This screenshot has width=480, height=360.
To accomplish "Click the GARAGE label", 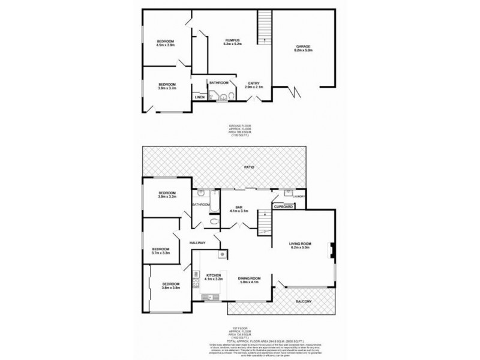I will (x=303, y=46).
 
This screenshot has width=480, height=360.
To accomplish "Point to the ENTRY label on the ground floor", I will (x=254, y=83).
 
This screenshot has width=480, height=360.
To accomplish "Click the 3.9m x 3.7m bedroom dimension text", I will (x=167, y=88).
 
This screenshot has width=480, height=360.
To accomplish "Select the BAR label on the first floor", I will (x=239, y=206).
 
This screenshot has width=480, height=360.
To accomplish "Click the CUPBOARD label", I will (x=283, y=206).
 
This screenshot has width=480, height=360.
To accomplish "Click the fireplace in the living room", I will (x=329, y=249).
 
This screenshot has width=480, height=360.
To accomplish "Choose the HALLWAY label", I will (x=197, y=242).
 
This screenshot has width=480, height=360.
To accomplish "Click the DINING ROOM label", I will (x=249, y=278).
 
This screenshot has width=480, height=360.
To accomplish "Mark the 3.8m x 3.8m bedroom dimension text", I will (x=171, y=288).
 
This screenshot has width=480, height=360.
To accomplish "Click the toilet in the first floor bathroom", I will (x=215, y=221).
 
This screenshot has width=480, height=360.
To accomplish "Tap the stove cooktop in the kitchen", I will (x=197, y=277).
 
